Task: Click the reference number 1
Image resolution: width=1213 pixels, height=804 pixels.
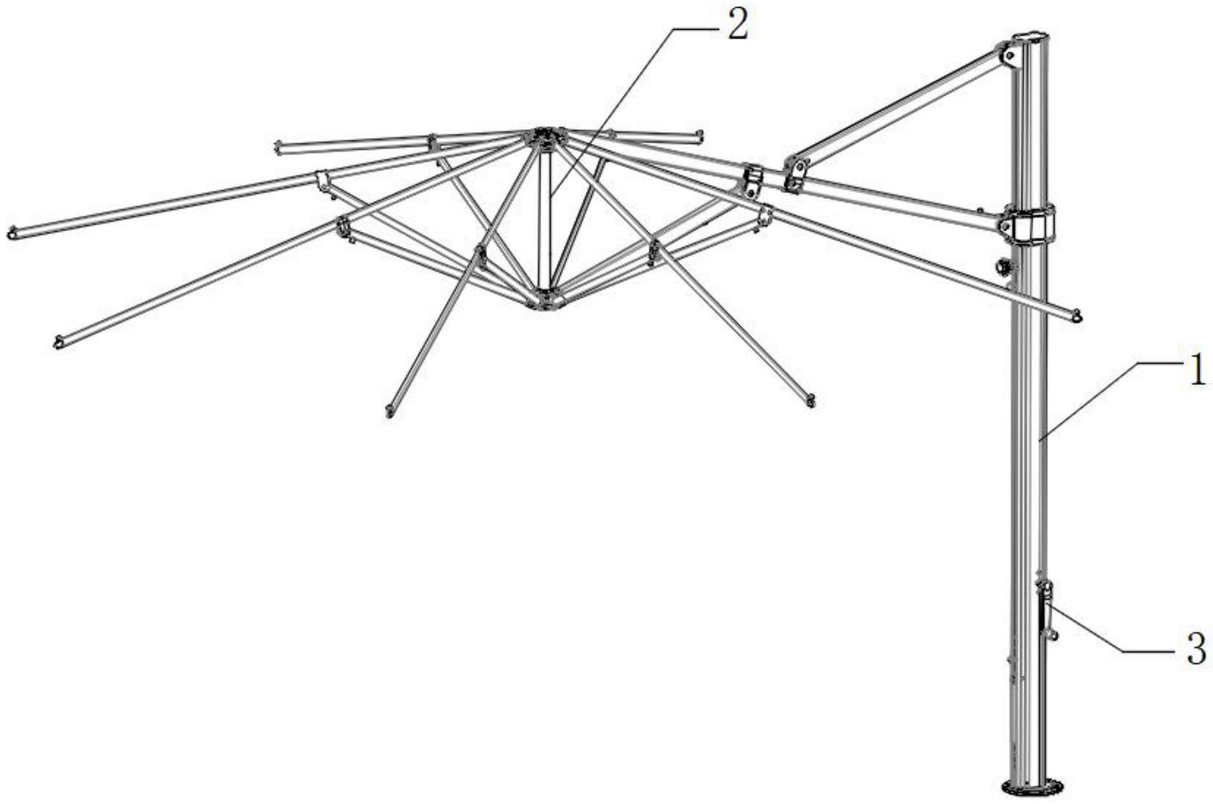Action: (x=1197, y=373)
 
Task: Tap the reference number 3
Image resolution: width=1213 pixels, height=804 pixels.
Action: (x=1196, y=650)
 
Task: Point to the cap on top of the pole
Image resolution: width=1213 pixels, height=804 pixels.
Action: (x=1032, y=38)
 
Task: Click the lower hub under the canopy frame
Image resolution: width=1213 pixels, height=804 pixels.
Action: (x=544, y=300)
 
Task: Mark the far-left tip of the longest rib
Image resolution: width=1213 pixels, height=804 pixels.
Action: (x=12, y=232)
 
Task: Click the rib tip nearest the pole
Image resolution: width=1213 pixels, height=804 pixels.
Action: (x=1075, y=316)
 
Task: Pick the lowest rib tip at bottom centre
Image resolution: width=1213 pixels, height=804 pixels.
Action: (x=389, y=410)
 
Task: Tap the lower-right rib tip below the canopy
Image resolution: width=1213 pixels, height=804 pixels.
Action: (x=810, y=401)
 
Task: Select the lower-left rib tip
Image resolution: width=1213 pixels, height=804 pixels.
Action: (x=58, y=342)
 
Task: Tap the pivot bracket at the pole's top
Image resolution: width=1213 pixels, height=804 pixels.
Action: (x=1008, y=55)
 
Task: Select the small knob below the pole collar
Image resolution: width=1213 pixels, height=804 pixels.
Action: (x=1005, y=265)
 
